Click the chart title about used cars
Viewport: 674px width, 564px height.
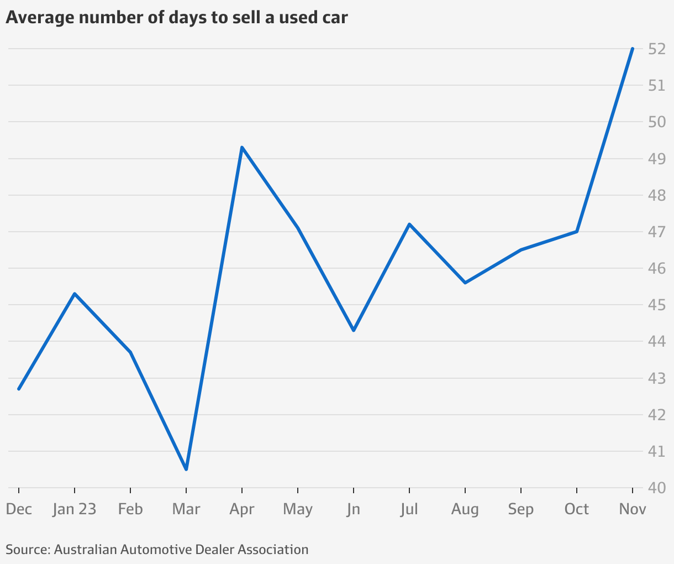pyautogui.click(x=177, y=18)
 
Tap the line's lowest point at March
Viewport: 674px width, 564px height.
pyautogui.click(x=186, y=469)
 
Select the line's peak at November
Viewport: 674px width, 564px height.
pyautogui.click(x=633, y=49)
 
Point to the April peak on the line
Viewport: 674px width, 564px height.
pyautogui.click(x=242, y=147)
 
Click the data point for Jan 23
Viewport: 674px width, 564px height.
pyautogui.click(x=75, y=294)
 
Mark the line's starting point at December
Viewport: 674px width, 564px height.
pyautogui.click(x=19, y=389)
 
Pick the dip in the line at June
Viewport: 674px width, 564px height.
pyautogui.click(x=354, y=330)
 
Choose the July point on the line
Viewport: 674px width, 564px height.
pyautogui.click(x=409, y=224)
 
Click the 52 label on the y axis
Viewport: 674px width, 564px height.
pyautogui.click(x=656, y=49)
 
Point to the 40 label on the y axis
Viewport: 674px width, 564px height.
pyautogui.click(x=656, y=488)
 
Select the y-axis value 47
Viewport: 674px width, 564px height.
pyautogui.click(x=656, y=232)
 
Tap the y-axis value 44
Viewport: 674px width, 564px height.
pyautogui.click(x=656, y=342)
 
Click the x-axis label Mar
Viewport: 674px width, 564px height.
pyautogui.click(x=186, y=509)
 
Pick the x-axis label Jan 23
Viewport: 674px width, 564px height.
pyautogui.click(x=75, y=509)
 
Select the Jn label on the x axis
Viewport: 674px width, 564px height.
pyautogui.click(x=354, y=509)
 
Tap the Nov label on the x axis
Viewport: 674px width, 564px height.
pyautogui.click(x=633, y=509)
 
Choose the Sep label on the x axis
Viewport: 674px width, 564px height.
pyautogui.click(x=521, y=509)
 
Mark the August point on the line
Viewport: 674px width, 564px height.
pyautogui.click(x=465, y=283)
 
